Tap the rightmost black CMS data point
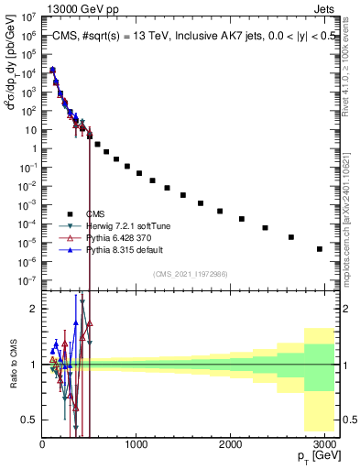(320, 248)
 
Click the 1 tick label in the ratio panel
(33, 365)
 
